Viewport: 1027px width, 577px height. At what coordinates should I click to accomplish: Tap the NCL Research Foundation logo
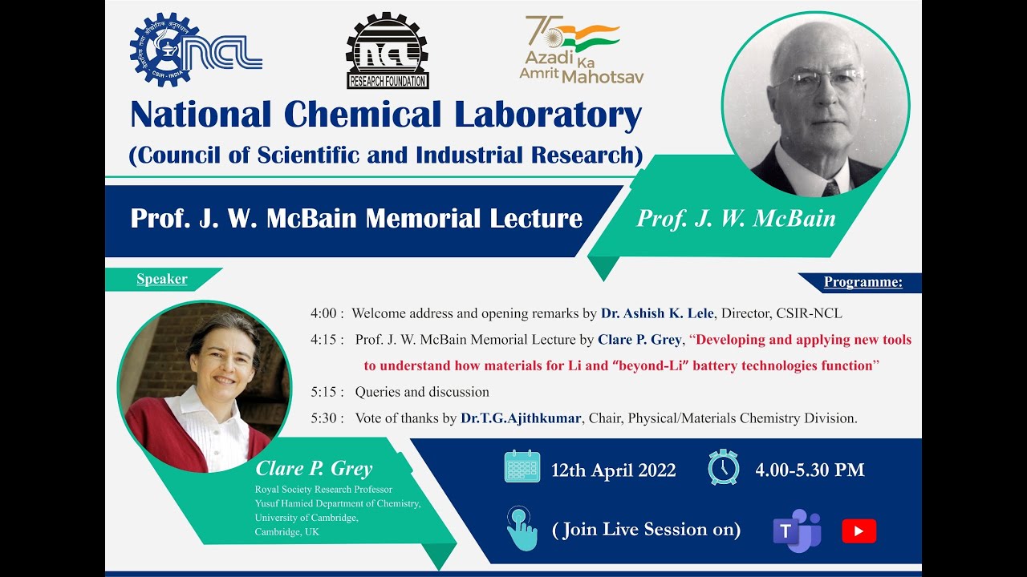point(388,51)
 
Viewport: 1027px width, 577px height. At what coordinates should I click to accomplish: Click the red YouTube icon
point(859,531)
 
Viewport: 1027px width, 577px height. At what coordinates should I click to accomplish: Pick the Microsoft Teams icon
point(796,531)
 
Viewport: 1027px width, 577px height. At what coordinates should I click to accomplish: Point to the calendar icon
point(522,466)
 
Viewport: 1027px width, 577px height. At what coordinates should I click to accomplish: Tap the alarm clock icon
point(723,466)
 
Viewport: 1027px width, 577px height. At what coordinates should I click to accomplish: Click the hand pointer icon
point(522,529)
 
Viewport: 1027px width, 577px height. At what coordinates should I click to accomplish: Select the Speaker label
point(162,279)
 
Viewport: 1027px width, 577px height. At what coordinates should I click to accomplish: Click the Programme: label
point(863,282)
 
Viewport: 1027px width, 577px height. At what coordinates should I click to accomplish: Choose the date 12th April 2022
point(613,470)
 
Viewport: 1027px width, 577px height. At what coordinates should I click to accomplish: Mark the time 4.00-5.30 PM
point(810,470)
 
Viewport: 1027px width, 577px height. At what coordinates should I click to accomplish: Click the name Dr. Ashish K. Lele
point(657,313)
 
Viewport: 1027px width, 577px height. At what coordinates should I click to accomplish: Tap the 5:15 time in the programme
point(327,392)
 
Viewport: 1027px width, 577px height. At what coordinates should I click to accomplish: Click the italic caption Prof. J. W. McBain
point(736,219)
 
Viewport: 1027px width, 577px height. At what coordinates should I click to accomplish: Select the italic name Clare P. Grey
point(314,469)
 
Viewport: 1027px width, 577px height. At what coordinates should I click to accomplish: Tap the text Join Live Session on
point(647,530)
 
